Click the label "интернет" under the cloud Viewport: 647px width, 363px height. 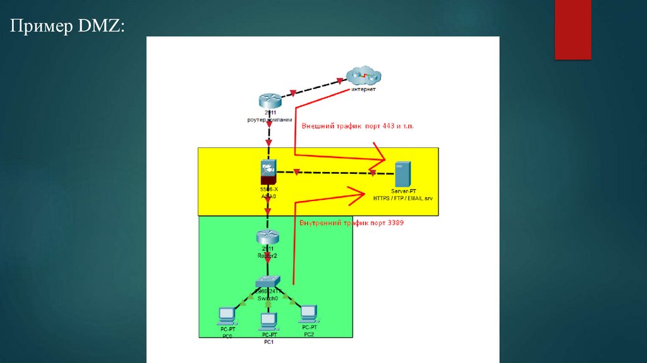click(x=363, y=90)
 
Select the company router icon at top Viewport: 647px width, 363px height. click(x=269, y=100)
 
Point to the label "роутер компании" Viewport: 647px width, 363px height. click(x=269, y=119)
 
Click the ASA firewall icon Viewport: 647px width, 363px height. click(x=269, y=169)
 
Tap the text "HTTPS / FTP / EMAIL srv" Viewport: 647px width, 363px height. click(x=406, y=198)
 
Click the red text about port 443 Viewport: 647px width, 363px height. click(x=358, y=126)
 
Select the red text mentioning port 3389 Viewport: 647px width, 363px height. click(x=351, y=223)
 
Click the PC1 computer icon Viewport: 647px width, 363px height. click(x=269, y=320)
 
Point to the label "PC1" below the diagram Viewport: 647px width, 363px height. click(x=269, y=341)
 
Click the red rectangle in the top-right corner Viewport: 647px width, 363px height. click(x=572, y=30)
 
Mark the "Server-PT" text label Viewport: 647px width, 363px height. click(x=404, y=190)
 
